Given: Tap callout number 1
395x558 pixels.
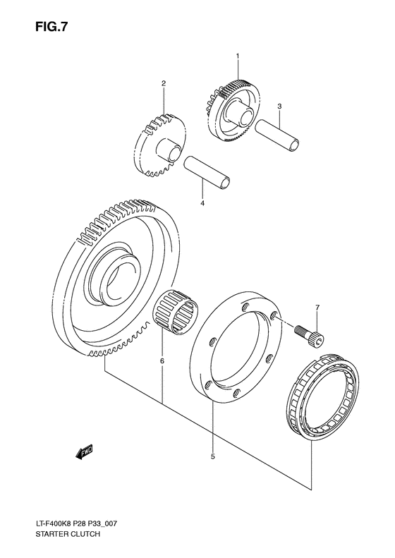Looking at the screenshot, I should (x=238, y=56).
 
